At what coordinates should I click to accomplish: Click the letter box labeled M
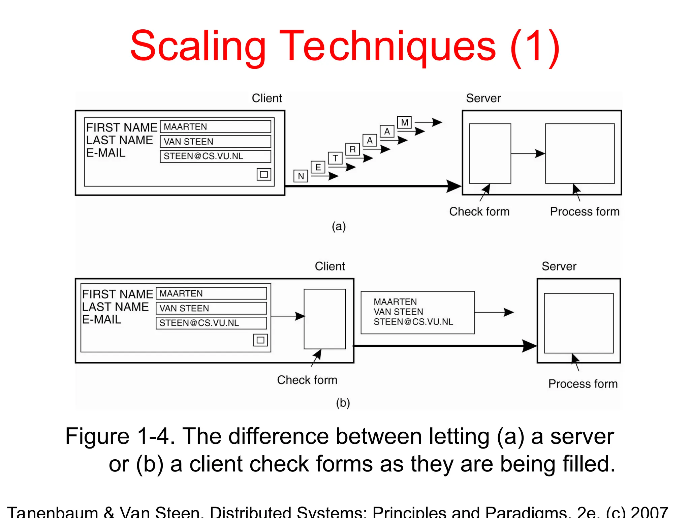(404, 122)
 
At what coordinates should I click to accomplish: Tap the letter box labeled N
(301, 176)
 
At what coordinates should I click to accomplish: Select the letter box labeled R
(352, 149)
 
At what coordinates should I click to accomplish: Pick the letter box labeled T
(335, 158)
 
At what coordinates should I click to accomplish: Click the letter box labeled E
(318, 167)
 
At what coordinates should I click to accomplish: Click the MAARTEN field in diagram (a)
(215, 127)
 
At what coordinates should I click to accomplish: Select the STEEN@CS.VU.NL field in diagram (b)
(211, 323)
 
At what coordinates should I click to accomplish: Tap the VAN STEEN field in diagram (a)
(215, 142)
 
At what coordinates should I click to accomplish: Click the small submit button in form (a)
(264, 174)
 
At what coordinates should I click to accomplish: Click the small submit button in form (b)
(260, 340)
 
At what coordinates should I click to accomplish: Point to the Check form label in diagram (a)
(479, 211)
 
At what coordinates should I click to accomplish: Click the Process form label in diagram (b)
(583, 384)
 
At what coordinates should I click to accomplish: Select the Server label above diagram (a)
(483, 98)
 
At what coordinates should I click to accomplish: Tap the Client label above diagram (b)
(330, 266)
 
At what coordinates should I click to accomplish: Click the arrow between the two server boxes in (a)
(528, 154)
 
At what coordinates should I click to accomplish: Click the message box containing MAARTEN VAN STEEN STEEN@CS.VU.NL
(417, 312)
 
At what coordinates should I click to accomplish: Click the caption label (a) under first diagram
(339, 226)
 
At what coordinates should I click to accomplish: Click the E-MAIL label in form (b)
(102, 319)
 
